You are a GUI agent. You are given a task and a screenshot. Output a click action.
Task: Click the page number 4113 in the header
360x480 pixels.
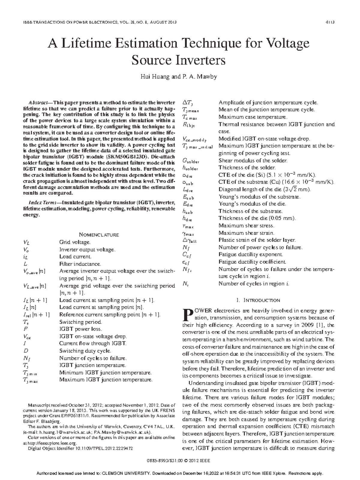coord(330,22)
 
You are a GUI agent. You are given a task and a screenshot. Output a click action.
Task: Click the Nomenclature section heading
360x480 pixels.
coord(99,235)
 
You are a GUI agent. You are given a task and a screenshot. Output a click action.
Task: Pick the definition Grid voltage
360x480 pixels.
coord(75,242)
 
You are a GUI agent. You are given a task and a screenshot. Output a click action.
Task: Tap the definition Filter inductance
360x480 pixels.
coord(80,264)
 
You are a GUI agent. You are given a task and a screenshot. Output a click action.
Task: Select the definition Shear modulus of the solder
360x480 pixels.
coord(253,160)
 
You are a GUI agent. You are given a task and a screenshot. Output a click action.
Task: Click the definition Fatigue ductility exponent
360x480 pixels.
coord(251,254)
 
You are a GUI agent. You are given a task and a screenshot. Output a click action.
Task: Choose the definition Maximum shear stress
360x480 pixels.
coord(246,226)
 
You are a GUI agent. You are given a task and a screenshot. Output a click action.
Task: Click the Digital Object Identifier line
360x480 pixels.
coord(80,448)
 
